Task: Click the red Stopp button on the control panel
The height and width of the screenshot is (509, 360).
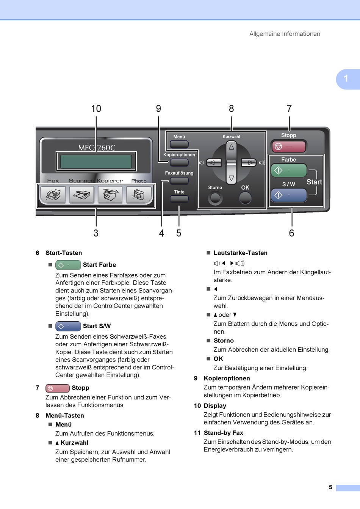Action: (x=288, y=146)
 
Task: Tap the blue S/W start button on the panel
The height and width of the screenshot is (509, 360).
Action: (x=288, y=195)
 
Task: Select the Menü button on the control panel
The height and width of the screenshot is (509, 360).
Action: (x=179, y=144)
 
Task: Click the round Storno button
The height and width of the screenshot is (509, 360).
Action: (x=215, y=198)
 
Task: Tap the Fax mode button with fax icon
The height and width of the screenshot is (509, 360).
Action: (x=53, y=195)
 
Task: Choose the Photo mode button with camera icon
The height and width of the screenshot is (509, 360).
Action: (x=139, y=195)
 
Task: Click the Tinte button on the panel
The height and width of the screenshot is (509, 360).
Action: (x=179, y=199)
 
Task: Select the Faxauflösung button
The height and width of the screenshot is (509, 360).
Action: (x=179, y=181)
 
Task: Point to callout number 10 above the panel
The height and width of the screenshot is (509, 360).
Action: (x=96, y=109)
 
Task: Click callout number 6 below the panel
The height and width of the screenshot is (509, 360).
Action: (x=291, y=233)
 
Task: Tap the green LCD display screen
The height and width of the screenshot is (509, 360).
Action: (x=96, y=162)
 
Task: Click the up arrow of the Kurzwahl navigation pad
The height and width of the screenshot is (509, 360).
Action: (x=231, y=147)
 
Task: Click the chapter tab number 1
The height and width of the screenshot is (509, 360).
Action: (x=346, y=79)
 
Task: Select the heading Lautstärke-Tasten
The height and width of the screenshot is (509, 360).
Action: (x=240, y=253)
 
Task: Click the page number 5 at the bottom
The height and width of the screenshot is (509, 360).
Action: (x=330, y=487)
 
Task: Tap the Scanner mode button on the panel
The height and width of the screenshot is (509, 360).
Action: (x=81, y=195)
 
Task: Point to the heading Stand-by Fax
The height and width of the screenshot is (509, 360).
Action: (x=223, y=433)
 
